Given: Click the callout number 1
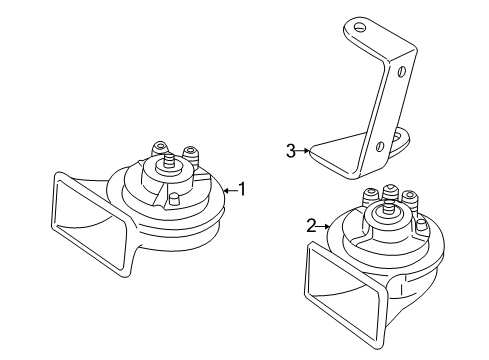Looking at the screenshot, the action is (x=242, y=189).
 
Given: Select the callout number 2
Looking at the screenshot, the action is (x=311, y=226).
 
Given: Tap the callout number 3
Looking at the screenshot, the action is (x=291, y=151).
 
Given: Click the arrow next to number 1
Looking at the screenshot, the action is (x=230, y=191).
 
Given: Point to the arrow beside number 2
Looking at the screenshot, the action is (x=323, y=227).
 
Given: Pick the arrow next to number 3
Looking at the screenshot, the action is (x=303, y=151).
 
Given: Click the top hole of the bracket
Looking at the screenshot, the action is (x=359, y=27).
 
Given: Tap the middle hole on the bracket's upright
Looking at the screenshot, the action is (x=402, y=71).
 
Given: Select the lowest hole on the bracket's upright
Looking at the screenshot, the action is (x=379, y=146).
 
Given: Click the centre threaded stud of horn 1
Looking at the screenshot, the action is (x=169, y=160).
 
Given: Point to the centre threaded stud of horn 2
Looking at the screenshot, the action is (x=387, y=207).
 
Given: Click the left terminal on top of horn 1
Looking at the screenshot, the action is (x=160, y=148).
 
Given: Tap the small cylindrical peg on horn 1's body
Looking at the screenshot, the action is (x=173, y=199).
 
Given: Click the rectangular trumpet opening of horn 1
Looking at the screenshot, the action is (x=90, y=224).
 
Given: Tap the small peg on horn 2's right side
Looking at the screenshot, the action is (x=422, y=226).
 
